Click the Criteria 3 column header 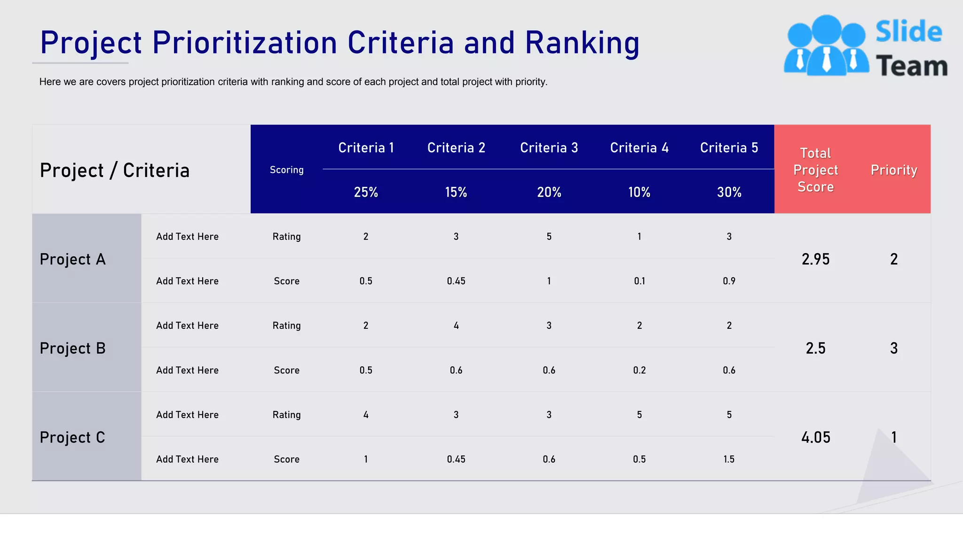click(x=549, y=148)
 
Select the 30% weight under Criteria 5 click(x=729, y=192)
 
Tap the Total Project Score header click(x=815, y=170)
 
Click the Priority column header click(x=893, y=170)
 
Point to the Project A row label click(x=72, y=259)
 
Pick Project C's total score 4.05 click(x=815, y=438)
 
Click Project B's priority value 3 click(x=893, y=348)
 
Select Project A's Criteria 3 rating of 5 click(x=549, y=237)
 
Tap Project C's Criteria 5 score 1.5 click(x=729, y=459)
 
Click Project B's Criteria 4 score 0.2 click(x=639, y=371)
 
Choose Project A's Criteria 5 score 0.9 click(x=729, y=281)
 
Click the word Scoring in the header click(x=286, y=170)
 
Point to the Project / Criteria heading click(x=115, y=170)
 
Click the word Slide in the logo click(x=908, y=32)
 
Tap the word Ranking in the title click(x=582, y=43)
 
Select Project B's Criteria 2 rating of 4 click(x=456, y=325)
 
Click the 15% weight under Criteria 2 click(x=456, y=192)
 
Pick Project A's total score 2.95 click(x=815, y=259)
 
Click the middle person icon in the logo click(x=826, y=45)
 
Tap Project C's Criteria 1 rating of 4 click(x=366, y=415)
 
